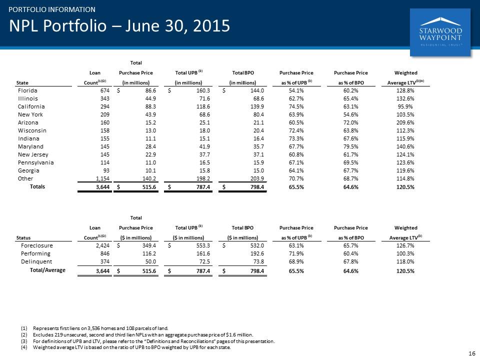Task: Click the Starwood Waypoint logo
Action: (x=440, y=32)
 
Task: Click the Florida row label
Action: (x=27, y=90)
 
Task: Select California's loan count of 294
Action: (x=105, y=106)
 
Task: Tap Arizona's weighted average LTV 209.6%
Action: (x=405, y=122)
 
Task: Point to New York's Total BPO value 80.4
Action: (x=258, y=114)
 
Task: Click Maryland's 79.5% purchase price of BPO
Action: (x=351, y=146)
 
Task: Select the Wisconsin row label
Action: (x=32, y=130)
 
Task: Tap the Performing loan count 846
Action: (x=105, y=253)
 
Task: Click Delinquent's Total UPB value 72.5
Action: (x=204, y=261)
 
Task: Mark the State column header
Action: (x=22, y=82)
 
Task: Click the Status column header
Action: (x=23, y=237)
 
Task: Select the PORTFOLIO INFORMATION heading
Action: (x=52, y=9)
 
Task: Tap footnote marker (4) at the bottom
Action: (x=24, y=347)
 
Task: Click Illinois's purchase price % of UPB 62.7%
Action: (x=296, y=98)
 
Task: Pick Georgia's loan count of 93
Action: (x=106, y=170)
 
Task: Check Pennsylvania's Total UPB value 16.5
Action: (x=204, y=162)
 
